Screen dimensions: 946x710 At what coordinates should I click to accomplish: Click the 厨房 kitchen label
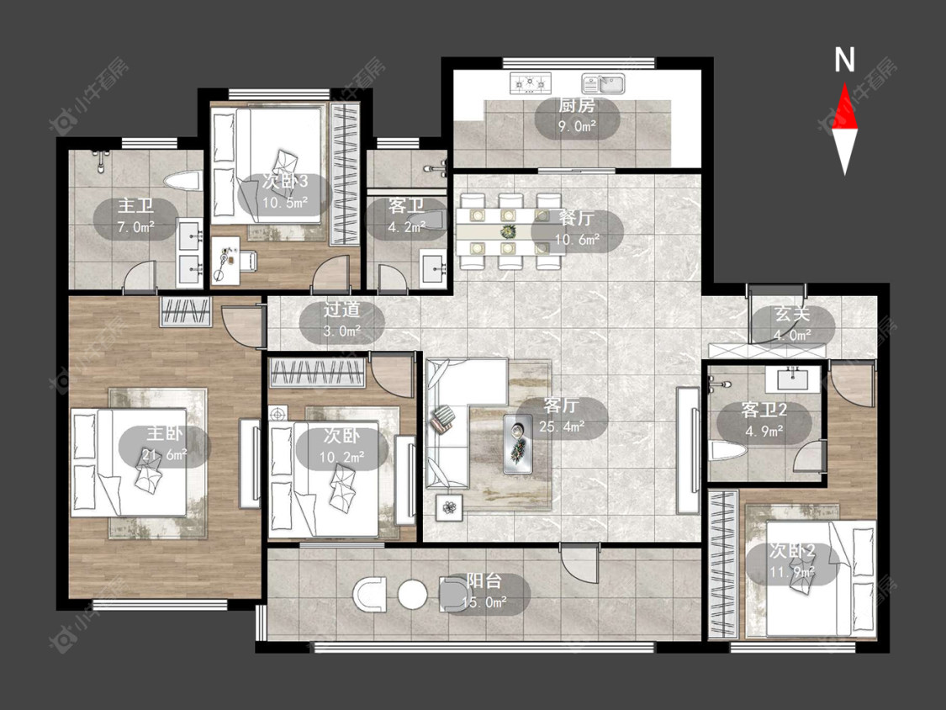(x=576, y=105)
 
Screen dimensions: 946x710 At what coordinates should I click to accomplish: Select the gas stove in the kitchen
(x=531, y=82)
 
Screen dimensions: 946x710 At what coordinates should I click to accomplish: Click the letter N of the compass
(x=844, y=60)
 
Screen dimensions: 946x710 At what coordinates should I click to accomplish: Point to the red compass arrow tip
(x=844, y=83)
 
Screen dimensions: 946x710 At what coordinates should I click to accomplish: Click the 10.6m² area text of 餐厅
(x=578, y=239)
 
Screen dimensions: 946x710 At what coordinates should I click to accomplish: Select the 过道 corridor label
(x=341, y=310)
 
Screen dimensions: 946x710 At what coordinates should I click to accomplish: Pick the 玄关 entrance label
(x=791, y=314)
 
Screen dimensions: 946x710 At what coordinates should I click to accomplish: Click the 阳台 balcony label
(x=484, y=580)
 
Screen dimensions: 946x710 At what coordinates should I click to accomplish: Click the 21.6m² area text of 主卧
(x=165, y=454)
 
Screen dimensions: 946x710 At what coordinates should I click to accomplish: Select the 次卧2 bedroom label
(x=792, y=551)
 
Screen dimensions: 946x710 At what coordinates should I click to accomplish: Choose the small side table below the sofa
(x=450, y=507)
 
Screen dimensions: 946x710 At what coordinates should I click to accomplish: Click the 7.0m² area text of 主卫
(x=135, y=227)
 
